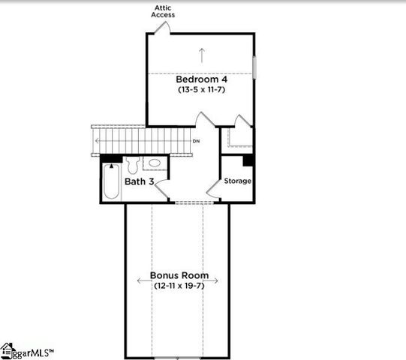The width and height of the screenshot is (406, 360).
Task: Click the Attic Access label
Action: tap(163, 10)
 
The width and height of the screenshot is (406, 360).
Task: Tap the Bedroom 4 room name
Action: tap(201, 79)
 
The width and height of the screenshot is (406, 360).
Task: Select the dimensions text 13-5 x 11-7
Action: tap(201, 90)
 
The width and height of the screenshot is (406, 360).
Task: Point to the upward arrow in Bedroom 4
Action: tap(201, 54)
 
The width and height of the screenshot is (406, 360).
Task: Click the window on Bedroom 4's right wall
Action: tap(254, 66)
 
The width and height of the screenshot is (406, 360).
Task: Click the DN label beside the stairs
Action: tap(196, 141)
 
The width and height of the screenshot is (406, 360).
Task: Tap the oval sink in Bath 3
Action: tap(155, 163)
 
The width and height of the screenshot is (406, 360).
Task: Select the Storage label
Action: tap(238, 181)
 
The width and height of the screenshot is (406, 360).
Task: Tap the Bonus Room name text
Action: tap(179, 275)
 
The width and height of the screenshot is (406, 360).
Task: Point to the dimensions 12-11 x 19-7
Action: tap(179, 286)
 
